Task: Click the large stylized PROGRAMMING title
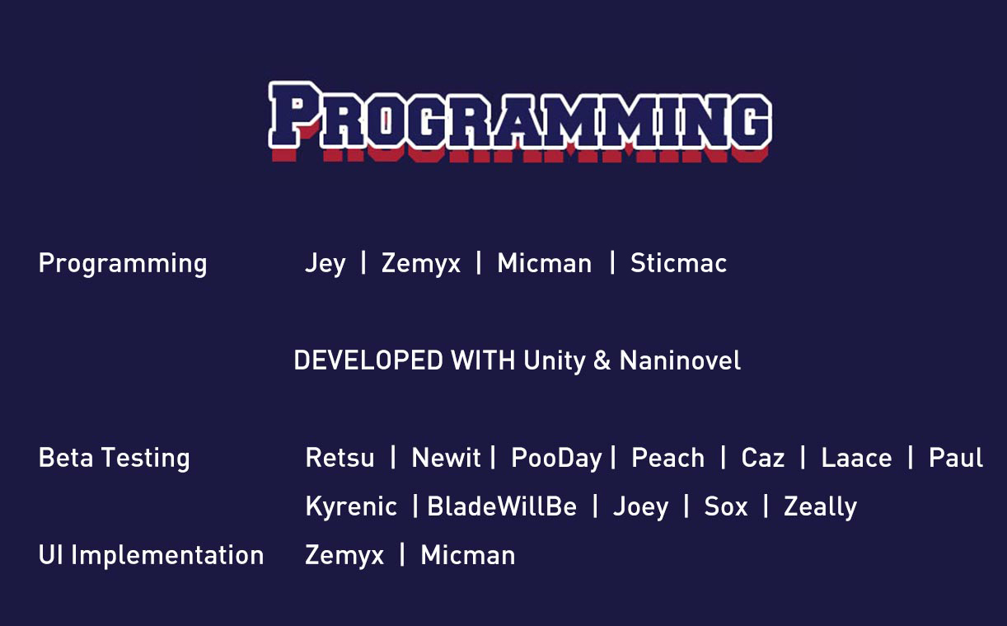[x=520, y=121]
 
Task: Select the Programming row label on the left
[x=123, y=264]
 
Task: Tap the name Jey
[x=326, y=264]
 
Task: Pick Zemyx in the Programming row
[x=421, y=264]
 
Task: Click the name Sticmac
[x=678, y=263]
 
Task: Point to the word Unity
[x=555, y=361]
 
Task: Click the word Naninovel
[x=680, y=360]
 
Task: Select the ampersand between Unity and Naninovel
[x=602, y=361]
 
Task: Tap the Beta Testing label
[x=115, y=459]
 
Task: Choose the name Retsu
[x=340, y=458]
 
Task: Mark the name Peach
[x=668, y=458]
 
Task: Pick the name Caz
[x=763, y=458]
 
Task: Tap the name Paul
[x=956, y=458]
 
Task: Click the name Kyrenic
[x=351, y=507]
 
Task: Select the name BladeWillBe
[x=502, y=506]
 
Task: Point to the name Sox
[x=726, y=506]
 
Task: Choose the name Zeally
[x=821, y=507]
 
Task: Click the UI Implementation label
[x=151, y=556]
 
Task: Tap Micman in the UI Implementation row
[x=468, y=555]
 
